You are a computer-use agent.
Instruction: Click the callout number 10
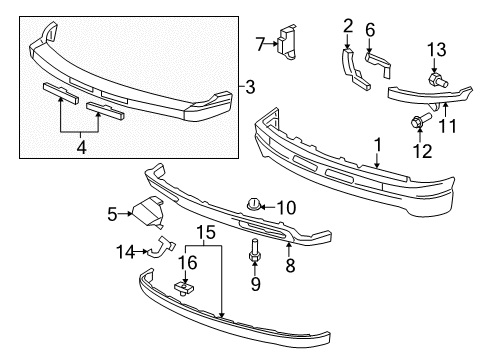pos(287,207)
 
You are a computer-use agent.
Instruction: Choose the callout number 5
pos(113,212)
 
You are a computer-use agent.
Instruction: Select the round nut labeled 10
pos(254,207)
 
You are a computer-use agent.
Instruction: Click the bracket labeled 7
pos(288,43)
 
